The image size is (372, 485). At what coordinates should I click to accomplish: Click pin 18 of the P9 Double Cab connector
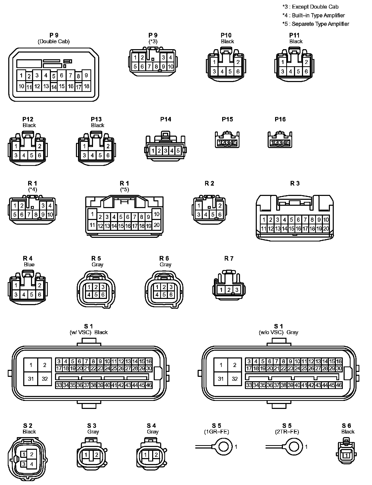click(x=87, y=86)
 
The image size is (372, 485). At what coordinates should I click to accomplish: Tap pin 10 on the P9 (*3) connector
click(x=171, y=67)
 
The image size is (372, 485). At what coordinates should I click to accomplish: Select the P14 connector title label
click(x=166, y=119)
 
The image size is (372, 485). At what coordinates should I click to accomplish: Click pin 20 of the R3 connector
click(x=326, y=229)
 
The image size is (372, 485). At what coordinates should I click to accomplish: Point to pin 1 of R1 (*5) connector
click(x=92, y=214)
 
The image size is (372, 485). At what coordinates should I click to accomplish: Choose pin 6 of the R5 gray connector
click(x=103, y=295)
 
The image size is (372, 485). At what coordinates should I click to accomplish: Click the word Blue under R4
click(x=29, y=264)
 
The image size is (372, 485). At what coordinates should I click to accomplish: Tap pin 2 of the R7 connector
click(x=229, y=290)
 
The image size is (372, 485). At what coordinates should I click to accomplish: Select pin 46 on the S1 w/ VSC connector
click(x=149, y=385)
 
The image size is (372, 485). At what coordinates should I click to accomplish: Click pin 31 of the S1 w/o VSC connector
click(x=221, y=379)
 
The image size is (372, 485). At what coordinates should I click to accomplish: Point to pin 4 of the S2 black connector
click(x=32, y=465)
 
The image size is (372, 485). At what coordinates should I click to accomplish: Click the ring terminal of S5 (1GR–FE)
click(x=223, y=447)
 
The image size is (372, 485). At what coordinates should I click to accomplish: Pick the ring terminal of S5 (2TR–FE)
click(x=294, y=447)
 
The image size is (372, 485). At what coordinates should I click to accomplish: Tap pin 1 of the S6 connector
click(x=346, y=455)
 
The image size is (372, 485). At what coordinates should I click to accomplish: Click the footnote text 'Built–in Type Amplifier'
click(x=319, y=16)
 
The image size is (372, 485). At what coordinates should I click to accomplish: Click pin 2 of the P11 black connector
click(x=306, y=62)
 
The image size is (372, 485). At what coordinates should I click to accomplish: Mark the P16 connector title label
click(x=280, y=119)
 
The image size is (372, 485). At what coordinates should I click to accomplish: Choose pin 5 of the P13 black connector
click(x=100, y=156)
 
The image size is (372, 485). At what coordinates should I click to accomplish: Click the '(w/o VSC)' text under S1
click(x=271, y=332)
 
